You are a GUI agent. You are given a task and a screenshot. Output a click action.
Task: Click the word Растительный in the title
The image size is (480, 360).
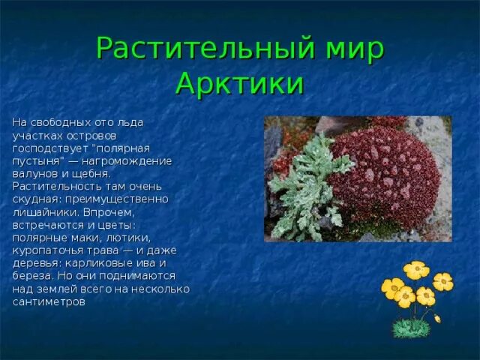205,49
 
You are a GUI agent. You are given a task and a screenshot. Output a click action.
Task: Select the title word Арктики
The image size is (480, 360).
240,82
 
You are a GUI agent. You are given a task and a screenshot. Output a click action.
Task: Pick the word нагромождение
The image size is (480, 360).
127,161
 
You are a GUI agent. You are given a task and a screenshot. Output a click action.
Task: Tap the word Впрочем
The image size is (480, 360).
109,212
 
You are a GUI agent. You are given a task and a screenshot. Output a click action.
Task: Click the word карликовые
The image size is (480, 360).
100,263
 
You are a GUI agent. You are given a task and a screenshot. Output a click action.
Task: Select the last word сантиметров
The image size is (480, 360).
49,302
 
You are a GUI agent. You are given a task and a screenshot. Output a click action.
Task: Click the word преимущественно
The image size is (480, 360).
117,199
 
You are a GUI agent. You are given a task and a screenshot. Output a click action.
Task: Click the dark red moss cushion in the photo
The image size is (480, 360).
385,178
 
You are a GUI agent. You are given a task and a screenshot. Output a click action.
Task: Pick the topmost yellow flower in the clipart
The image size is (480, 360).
416,270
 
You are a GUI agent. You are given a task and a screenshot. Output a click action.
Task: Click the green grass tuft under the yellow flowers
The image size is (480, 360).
411,328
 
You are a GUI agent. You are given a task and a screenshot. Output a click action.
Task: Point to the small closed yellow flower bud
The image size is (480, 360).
438,318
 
